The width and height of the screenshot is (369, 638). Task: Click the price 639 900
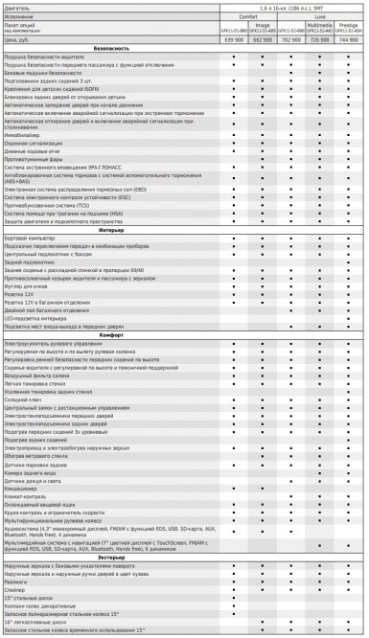[x=235, y=43]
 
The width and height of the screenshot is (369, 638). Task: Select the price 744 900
[x=350, y=43]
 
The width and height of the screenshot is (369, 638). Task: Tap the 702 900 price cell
[x=292, y=43]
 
